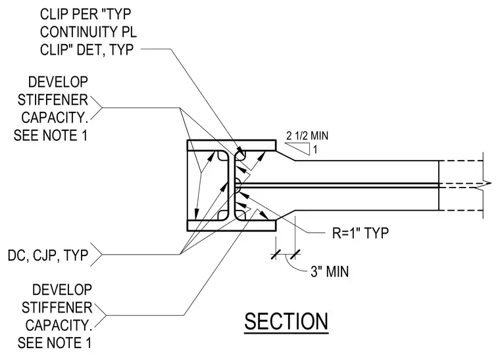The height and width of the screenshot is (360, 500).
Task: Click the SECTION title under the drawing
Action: [x=286, y=321]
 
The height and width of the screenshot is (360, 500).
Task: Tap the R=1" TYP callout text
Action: [x=361, y=233]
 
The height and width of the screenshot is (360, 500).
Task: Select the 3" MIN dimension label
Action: [x=330, y=272]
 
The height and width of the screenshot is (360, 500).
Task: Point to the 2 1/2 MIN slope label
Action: [x=307, y=136]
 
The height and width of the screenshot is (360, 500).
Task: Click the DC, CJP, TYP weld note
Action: [x=48, y=255]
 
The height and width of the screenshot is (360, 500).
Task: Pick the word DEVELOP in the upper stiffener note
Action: [x=58, y=82]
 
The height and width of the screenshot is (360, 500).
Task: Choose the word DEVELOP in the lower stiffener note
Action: [x=63, y=290]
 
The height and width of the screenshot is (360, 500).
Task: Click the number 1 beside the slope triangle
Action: [x=315, y=149]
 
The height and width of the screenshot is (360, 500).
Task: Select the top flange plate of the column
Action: [x=232, y=145]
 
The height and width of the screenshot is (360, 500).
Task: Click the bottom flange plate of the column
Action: [x=232, y=226]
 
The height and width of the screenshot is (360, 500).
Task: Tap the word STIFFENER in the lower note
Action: [x=57, y=308]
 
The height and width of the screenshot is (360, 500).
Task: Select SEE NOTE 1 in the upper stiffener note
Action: [x=51, y=136]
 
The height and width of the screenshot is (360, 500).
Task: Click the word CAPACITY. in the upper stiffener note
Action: [x=55, y=118]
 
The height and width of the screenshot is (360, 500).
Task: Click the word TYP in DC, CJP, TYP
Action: [x=76, y=255]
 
